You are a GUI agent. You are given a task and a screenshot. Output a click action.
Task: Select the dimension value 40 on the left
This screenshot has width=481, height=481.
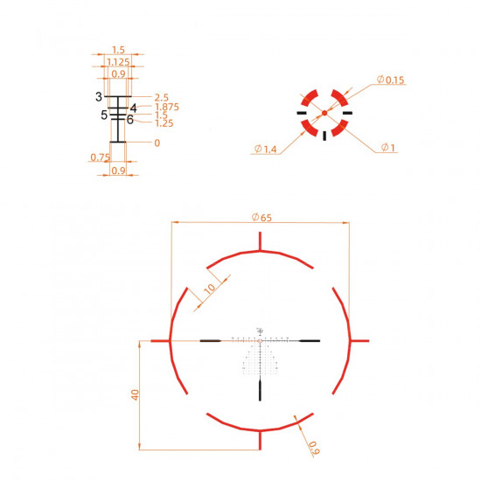point(134,395)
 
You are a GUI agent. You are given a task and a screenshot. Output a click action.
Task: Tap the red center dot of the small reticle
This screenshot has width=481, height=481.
point(324,113)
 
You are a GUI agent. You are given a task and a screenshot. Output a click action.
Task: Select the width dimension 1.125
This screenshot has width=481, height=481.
point(117,62)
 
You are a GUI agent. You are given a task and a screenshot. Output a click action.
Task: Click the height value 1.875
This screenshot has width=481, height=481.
point(166,107)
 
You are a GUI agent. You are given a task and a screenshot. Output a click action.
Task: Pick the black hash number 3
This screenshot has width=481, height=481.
point(100,95)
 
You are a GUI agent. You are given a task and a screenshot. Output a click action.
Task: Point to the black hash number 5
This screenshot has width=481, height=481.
point(104,115)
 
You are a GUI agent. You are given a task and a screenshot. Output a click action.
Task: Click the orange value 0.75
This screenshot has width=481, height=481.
point(99,157)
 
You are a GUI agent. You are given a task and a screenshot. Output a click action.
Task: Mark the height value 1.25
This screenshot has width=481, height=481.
point(164,123)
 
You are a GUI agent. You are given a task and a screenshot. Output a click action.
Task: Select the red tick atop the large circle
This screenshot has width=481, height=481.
point(260,242)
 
